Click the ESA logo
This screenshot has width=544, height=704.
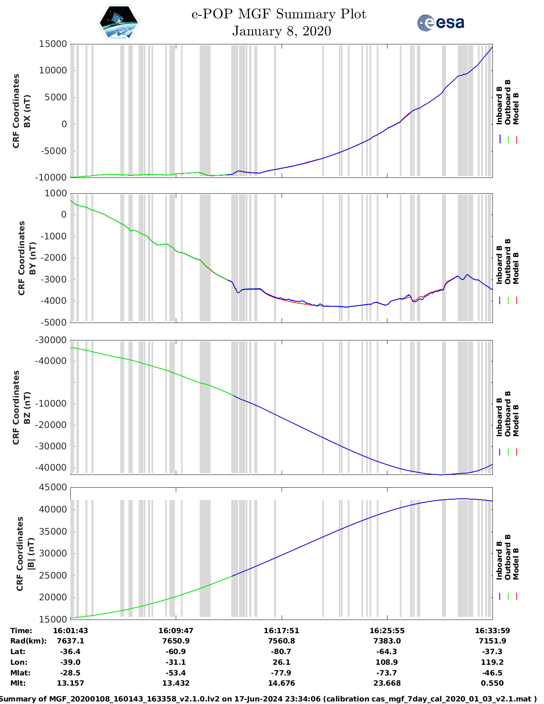pos(440,23)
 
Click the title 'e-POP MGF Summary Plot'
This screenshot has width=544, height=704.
pos(279,14)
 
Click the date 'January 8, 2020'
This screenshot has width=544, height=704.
pos(282,31)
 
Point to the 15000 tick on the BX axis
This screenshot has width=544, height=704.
pos(53,44)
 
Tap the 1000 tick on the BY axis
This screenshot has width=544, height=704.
pos(55,193)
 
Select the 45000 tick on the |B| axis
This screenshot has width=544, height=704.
pos(53,487)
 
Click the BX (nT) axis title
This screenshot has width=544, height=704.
pos(27,111)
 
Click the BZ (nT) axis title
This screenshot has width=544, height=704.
pos(27,407)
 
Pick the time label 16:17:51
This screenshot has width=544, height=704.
pos(282,631)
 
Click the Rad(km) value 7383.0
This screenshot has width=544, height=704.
pos(387,641)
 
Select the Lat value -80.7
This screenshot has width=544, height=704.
pos(282,652)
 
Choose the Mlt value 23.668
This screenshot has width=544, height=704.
pos(387,683)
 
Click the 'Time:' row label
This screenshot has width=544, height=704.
pos(21,631)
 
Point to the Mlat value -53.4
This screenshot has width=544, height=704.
pos(176,673)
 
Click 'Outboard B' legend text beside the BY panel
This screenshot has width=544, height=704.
pos(508,261)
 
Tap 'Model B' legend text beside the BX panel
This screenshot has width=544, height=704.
pos(516,108)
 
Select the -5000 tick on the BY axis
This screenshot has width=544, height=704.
pos(55,323)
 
